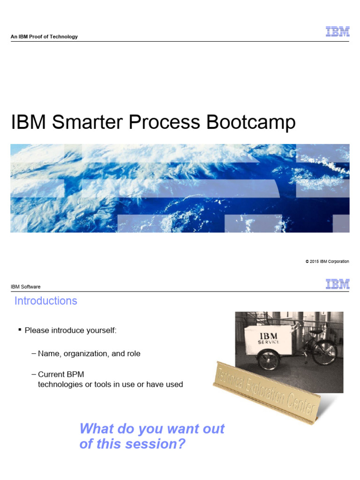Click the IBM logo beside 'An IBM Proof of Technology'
pyautogui.click(x=337, y=32)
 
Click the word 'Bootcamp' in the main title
pyautogui.click(x=251, y=122)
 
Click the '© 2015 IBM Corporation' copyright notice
pyautogui.click(x=327, y=262)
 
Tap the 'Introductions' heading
pyautogui.click(x=46, y=301)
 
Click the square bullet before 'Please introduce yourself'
pyautogui.click(x=20, y=330)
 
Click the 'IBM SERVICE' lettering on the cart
pyautogui.click(x=268, y=338)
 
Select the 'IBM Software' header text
pyautogui.click(x=25, y=287)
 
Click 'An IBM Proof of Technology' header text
pyautogui.click(x=44, y=37)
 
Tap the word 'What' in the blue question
pyautogui.click(x=97, y=428)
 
